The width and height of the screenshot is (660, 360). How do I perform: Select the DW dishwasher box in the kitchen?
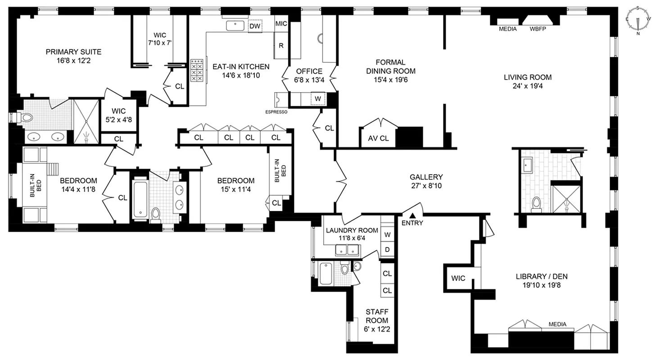255,26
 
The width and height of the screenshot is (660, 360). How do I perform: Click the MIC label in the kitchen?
281,24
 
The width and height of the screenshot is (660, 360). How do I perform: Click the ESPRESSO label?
276,112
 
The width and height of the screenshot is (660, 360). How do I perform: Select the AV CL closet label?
378,139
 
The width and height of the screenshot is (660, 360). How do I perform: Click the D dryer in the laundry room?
387,249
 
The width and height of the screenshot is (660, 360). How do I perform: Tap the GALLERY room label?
426,177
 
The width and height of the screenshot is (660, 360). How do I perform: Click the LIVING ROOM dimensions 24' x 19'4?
527,86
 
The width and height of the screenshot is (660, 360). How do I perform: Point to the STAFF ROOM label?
376,316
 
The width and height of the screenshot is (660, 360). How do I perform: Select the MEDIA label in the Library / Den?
557,324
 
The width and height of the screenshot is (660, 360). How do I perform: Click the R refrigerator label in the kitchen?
281,45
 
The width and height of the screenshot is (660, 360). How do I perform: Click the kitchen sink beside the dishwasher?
235,26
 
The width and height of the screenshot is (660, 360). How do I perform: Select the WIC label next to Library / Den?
458,278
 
